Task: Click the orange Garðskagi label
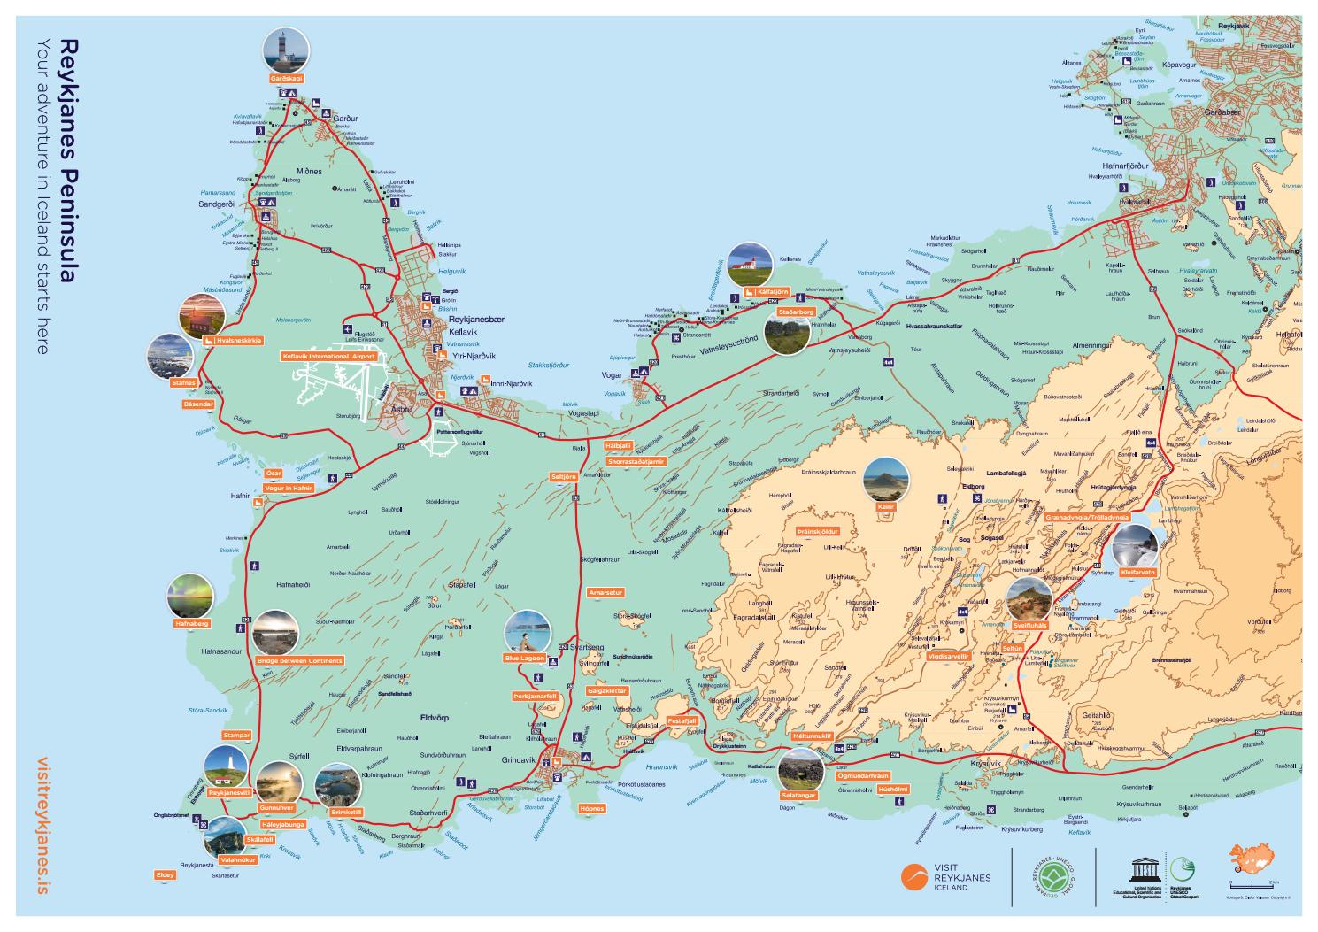287,79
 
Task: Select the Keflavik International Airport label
328,356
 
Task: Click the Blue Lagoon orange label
524,658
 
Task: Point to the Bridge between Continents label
299,660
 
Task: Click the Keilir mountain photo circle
885,481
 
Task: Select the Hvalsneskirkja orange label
233,340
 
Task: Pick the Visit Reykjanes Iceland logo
945,877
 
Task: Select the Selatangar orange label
798,795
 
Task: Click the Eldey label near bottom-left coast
165,874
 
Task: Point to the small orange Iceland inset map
1252,860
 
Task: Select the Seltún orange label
1014,648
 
